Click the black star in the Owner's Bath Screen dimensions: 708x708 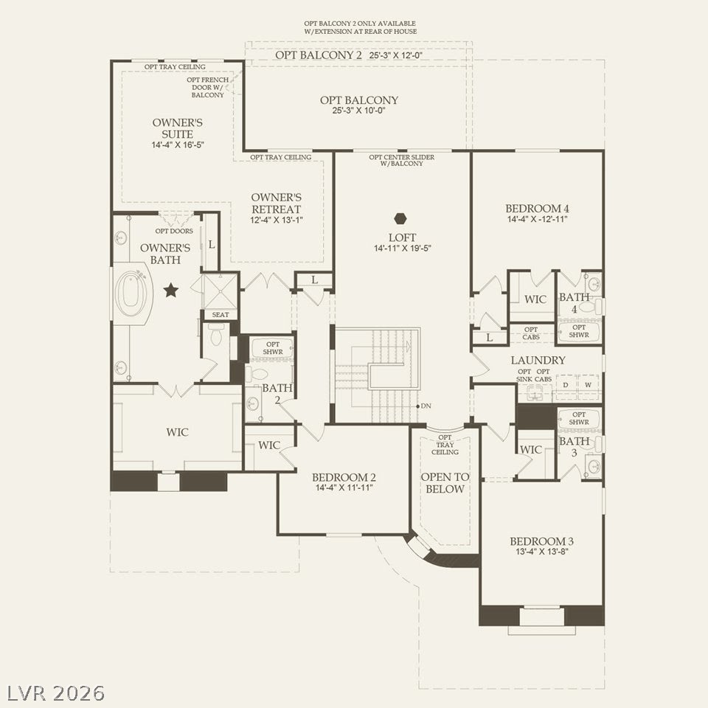170,290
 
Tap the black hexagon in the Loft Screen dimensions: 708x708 400,218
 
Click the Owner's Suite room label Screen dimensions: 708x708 178,128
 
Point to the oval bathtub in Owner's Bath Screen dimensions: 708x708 131,293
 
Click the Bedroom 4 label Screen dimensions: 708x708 537,209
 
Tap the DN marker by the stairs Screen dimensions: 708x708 426,406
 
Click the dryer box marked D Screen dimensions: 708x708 566,385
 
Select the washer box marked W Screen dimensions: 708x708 588,385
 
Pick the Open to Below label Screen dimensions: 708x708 445,482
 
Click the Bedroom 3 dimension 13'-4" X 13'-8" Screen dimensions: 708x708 542,552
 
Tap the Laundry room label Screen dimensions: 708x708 538,360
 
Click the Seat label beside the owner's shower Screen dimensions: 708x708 221,315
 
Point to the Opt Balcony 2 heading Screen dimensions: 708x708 319,55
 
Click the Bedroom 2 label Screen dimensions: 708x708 344,477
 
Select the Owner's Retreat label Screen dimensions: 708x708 276,204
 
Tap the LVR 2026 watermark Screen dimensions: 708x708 56,693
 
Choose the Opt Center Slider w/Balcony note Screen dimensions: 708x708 401,160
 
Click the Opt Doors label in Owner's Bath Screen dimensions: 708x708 174,231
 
